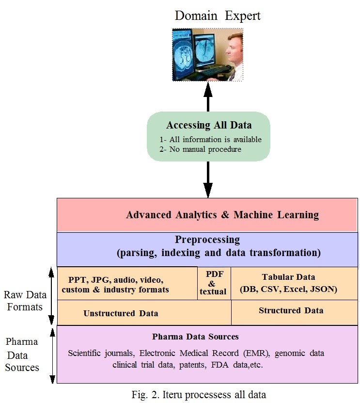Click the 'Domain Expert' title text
218,16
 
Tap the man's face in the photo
233,49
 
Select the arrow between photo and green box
208,97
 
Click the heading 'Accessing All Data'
209,125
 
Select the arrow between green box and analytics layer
208,179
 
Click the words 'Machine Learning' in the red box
276,215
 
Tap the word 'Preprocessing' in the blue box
207,240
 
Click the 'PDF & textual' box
214,283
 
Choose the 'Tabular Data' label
288,277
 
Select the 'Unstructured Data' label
121,313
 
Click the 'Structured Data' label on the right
291,310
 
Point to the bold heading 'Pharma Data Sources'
195,337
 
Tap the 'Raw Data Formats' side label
25,301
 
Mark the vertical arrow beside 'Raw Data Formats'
51,296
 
